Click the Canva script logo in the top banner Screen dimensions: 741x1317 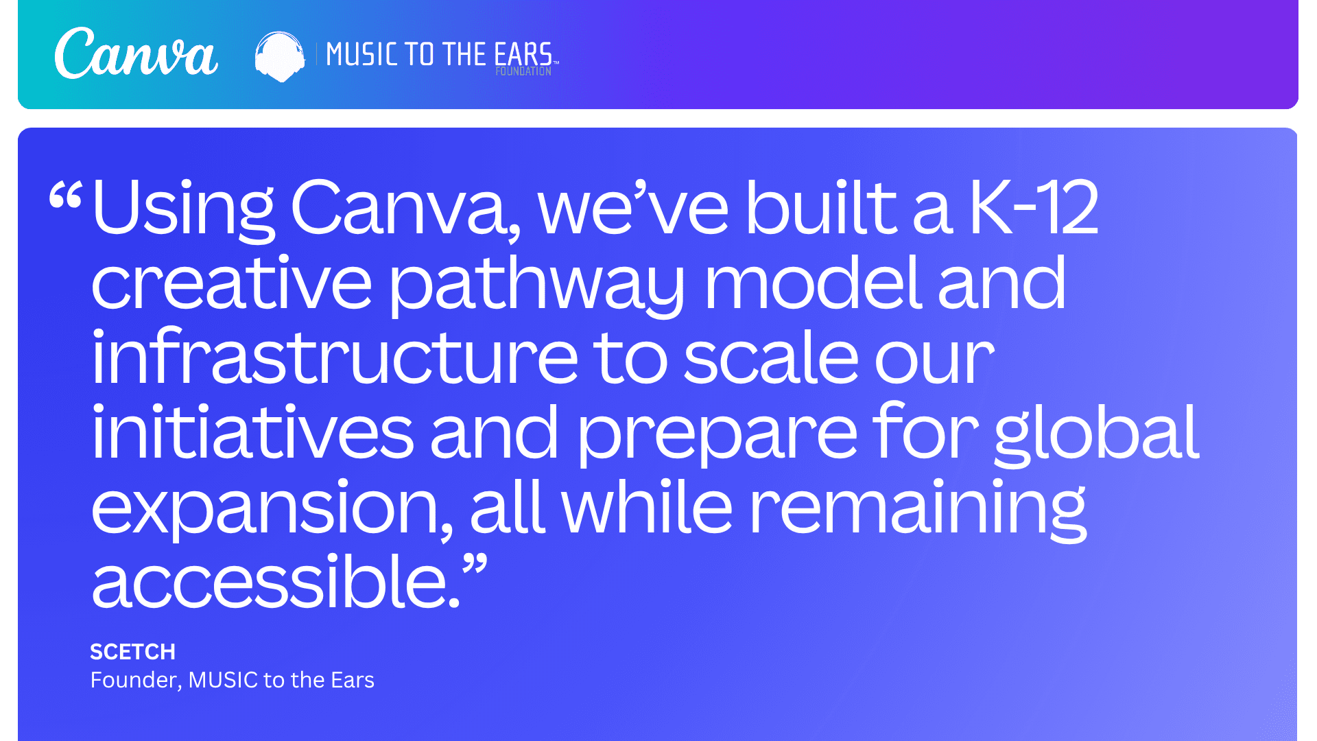coord(136,54)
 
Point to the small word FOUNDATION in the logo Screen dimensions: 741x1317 coord(523,71)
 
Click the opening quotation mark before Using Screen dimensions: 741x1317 coord(66,196)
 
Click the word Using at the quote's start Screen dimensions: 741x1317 coord(183,209)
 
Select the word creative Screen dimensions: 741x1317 coord(231,283)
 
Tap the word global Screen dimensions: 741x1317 coord(1096,434)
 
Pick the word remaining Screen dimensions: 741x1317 coord(918,509)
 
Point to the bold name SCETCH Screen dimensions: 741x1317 coord(133,652)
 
